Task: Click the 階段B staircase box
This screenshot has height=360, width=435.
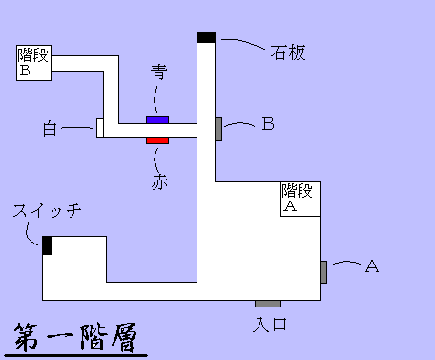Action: [34, 64]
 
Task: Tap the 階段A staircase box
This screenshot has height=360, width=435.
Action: [300, 198]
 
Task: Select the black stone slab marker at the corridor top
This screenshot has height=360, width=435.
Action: [206, 37]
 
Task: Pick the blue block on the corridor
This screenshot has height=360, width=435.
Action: [157, 119]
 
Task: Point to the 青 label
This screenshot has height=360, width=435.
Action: [158, 73]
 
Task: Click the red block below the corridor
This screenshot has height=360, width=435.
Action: [157, 141]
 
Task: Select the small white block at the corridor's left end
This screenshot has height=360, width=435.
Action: [99, 128]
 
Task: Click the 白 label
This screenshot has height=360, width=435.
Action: [52, 127]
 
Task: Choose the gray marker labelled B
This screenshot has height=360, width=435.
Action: [219, 128]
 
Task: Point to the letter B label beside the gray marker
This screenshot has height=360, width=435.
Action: [268, 124]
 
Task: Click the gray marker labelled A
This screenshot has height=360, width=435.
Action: [324, 271]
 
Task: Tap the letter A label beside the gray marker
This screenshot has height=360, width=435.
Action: [372, 267]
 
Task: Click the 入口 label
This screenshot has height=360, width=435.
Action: [270, 325]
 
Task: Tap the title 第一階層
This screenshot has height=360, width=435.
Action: [75, 338]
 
